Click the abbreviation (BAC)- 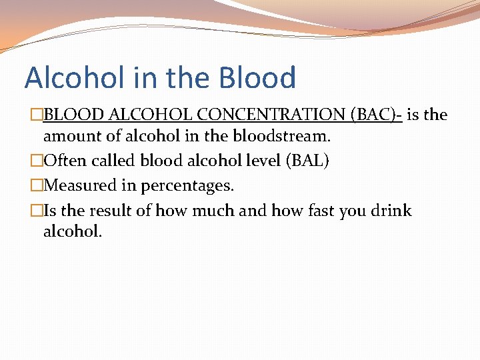tap(377, 115)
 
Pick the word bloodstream tap(282, 137)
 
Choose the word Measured tap(77, 185)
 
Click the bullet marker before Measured tap(37, 185)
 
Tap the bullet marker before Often tap(37, 161)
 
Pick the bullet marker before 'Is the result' tap(37, 211)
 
